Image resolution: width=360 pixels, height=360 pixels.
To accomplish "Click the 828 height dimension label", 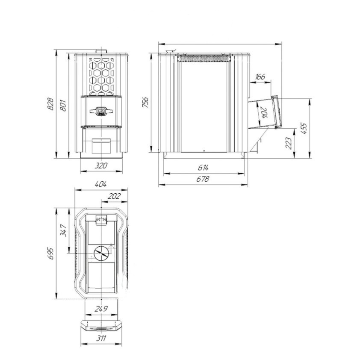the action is coord(50,104).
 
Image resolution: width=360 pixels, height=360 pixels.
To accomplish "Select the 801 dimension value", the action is coord(63,105).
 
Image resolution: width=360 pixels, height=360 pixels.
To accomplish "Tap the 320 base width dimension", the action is coord(101,165).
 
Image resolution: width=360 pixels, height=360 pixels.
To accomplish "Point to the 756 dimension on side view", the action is coord(145,102).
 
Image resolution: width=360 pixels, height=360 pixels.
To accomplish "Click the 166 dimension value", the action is coord(260,77).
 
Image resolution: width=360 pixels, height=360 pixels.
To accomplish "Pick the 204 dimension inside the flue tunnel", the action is coord(265,112).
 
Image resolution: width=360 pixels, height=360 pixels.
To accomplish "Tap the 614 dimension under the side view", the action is coord(203,168).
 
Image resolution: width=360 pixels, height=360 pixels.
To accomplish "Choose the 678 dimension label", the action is coord(203,179).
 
